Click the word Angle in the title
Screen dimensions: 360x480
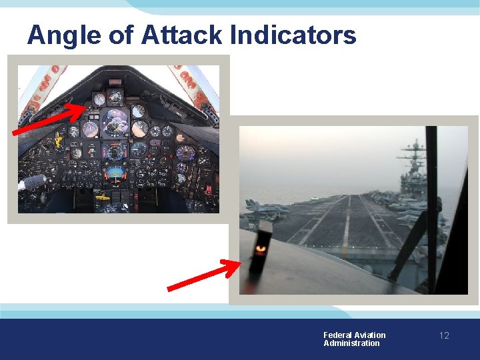coord(63,35)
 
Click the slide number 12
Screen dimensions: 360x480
coord(444,335)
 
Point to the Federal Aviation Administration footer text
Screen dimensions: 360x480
coord(354,339)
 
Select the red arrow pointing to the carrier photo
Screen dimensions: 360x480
coord(203,277)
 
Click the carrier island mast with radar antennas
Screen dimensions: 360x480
coord(414,157)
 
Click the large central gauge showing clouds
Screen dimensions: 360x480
coord(115,123)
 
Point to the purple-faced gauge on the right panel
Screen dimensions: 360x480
coord(186,153)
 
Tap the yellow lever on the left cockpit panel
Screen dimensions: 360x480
coord(59,140)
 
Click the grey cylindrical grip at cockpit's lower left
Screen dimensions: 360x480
coord(33,182)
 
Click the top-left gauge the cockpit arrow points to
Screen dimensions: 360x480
coord(99,99)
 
